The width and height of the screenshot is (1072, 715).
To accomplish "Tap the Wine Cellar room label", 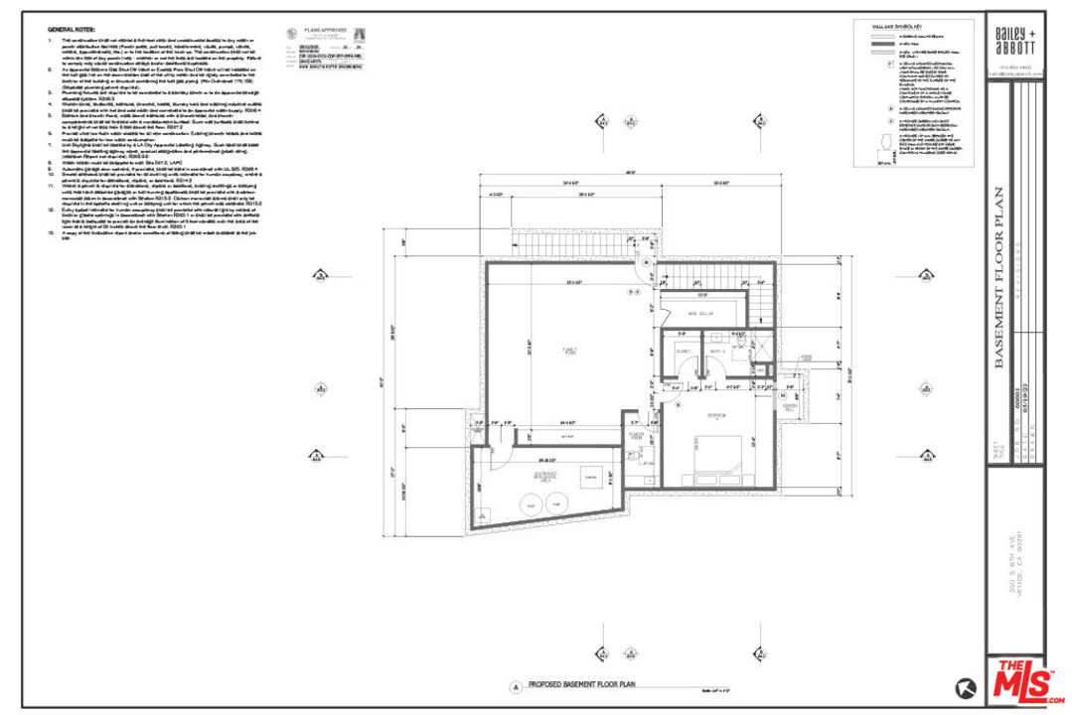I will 701,315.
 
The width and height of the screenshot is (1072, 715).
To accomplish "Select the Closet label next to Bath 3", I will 683,352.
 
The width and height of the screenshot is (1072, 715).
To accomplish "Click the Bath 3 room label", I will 716,352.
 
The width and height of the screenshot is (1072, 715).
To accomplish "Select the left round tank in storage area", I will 532,504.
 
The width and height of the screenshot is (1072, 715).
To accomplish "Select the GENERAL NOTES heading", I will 71,29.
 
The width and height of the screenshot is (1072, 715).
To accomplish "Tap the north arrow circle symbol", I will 964,686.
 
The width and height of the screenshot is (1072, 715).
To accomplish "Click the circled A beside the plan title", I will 515,686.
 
